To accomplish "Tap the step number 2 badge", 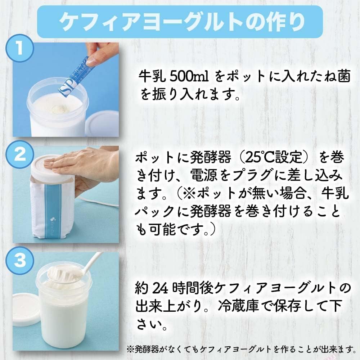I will click(x=20, y=155).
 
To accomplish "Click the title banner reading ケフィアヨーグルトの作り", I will click(x=180, y=22).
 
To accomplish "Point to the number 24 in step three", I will click(x=160, y=288).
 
